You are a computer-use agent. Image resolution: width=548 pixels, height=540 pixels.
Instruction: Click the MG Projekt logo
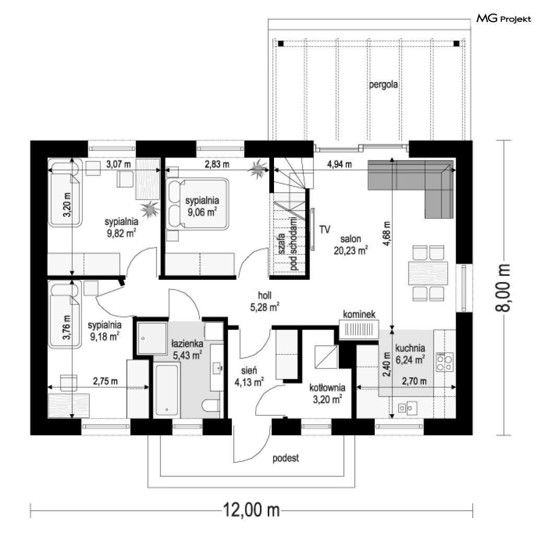pyautogui.click(x=504, y=19)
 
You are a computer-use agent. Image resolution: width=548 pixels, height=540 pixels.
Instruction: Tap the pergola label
pyautogui.click(x=384, y=85)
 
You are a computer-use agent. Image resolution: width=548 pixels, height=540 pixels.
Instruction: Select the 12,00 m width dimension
pyautogui.click(x=251, y=510)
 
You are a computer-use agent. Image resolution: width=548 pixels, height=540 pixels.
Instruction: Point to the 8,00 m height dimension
pyautogui.click(x=503, y=287)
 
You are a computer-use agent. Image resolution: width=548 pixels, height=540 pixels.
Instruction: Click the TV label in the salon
pyautogui.click(x=325, y=229)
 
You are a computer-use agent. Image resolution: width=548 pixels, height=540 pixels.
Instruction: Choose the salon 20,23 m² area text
pyautogui.click(x=351, y=244)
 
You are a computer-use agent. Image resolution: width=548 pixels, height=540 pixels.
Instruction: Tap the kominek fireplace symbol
pyautogui.click(x=359, y=330)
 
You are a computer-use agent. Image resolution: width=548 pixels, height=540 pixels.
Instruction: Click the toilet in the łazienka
pyautogui.click(x=211, y=406)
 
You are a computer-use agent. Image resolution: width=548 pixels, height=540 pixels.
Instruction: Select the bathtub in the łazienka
pyautogui.click(x=166, y=390)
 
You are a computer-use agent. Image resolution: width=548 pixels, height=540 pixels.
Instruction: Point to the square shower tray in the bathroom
pyautogui.click(x=152, y=338)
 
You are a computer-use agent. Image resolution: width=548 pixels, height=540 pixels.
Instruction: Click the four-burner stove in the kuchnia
pyautogui.click(x=445, y=362)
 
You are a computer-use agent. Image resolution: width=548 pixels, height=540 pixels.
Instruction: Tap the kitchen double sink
pyautogui.click(x=408, y=408)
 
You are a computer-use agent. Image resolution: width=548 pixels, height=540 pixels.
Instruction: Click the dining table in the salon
pyautogui.click(x=428, y=273)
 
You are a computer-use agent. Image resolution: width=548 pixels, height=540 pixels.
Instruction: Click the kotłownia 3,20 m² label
pyautogui.click(x=327, y=393)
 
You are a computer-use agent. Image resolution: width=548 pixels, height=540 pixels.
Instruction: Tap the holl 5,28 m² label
pyautogui.click(x=265, y=301)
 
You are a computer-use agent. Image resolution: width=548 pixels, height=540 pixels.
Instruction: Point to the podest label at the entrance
pyautogui.click(x=286, y=458)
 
